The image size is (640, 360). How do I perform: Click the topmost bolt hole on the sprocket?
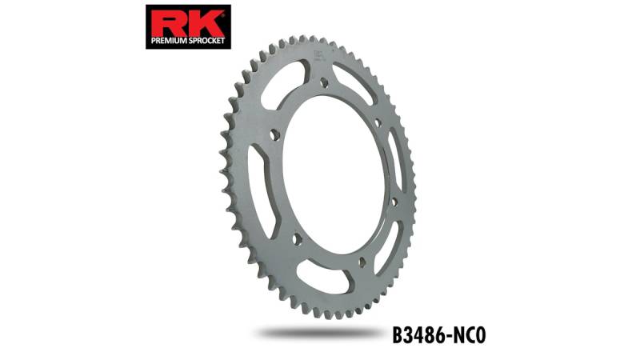tap(325, 82)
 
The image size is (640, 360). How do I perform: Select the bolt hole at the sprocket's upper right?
tap(378, 122)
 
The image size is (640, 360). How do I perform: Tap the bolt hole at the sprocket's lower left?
tap(297, 238)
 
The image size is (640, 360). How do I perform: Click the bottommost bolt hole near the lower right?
tap(361, 262)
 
